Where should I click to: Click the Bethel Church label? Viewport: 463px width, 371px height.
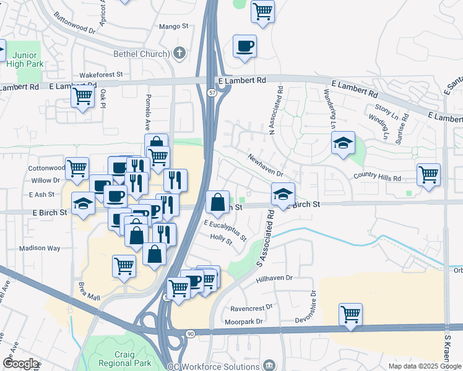[141, 54]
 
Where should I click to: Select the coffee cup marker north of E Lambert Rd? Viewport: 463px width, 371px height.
[245, 47]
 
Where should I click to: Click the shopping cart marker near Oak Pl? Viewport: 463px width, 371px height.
[82, 97]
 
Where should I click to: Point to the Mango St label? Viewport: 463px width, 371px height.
[173, 27]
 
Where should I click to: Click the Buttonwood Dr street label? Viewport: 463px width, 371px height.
[75, 22]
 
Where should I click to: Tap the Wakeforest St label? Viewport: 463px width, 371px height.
[101, 74]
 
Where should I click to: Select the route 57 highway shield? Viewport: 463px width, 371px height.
[211, 93]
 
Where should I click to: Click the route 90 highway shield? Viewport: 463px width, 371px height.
[189, 333]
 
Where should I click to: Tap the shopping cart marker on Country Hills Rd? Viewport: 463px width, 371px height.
[428, 176]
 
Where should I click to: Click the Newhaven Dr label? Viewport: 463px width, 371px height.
[266, 165]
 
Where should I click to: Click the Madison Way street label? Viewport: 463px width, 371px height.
[40, 248]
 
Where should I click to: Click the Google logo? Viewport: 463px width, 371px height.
[20, 364]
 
